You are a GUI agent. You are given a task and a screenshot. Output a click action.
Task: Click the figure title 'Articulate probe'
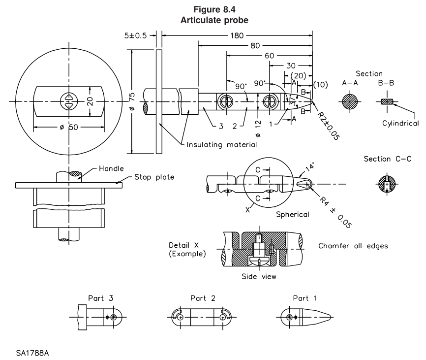click(214, 20)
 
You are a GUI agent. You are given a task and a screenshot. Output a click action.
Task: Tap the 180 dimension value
click(237, 35)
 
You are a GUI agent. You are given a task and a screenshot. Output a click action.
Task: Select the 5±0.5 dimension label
click(135, 35)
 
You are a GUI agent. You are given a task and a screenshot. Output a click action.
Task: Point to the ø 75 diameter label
click(132, 101)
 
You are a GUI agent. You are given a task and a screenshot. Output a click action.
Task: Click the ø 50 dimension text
click(69, 127)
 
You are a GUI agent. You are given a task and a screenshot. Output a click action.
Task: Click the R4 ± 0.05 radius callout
click(335, 212)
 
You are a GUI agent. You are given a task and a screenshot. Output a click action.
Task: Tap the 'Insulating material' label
click(222, 144)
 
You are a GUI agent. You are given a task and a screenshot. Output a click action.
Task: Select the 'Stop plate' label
click(154, 177)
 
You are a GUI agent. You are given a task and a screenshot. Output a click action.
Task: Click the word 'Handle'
click(111, 168)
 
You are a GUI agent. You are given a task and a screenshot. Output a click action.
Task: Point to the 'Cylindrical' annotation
click(401, 123)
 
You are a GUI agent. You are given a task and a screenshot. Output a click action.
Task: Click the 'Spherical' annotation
click(293, 215)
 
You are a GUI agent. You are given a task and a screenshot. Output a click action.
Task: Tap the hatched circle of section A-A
click(350, 102)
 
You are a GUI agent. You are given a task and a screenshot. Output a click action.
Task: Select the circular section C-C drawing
click(387, 184)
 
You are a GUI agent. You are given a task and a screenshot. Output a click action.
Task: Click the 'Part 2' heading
click(203, 298)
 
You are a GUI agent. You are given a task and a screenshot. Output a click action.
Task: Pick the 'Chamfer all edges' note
click(353, 246)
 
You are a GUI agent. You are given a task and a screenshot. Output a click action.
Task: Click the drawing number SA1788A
click(32, 353)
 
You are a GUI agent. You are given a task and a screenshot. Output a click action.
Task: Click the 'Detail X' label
click(183, 245)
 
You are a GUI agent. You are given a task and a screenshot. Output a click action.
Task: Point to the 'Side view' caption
click(259, 277)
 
